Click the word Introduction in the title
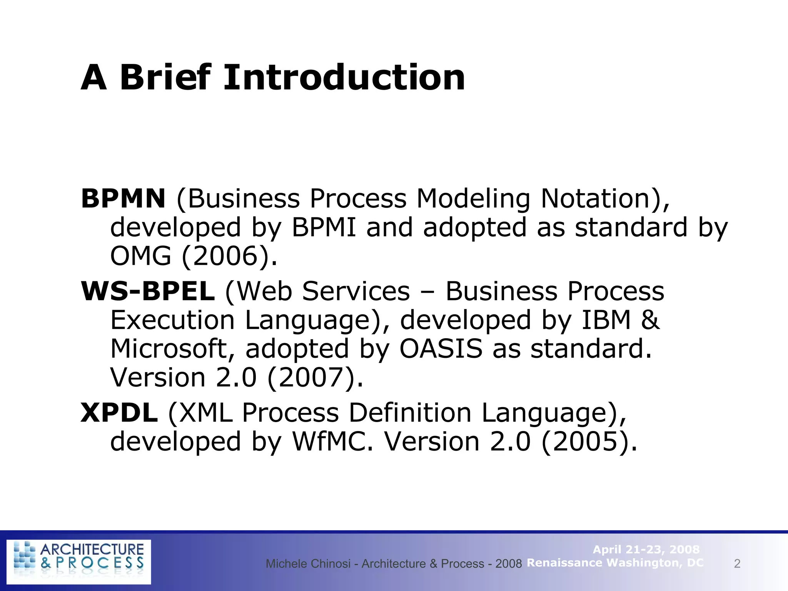[344, 78]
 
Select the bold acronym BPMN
[123, 199]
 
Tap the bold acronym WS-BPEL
[148, 291]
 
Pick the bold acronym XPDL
[119, 413]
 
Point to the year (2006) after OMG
[229, 256]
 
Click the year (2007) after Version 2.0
[315, 377]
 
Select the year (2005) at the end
[589, 441]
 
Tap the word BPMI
[324, 227]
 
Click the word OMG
[140, 256]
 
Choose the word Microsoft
[172, 349]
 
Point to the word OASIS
[441, 349]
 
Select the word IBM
[606, 320]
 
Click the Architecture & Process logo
[79, 562]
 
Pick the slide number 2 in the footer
[737, 564]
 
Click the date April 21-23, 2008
[646, 549]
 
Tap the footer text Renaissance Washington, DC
[615, 563]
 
